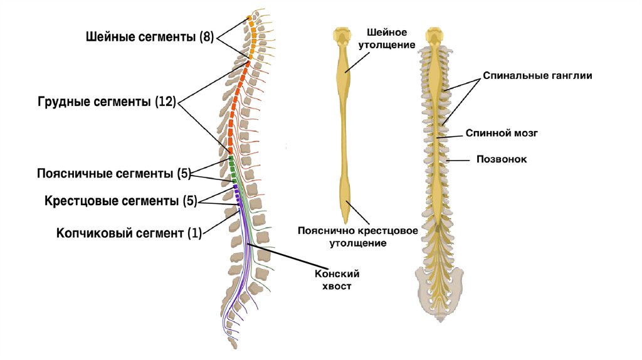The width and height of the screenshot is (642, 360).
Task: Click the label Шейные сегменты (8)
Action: point(150,37)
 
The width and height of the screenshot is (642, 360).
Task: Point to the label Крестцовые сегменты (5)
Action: point(120,201)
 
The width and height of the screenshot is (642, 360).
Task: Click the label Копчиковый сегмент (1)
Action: point(129,233)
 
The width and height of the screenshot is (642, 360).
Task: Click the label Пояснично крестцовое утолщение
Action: point(358,236)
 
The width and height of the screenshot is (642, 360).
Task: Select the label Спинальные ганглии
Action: point(537,75)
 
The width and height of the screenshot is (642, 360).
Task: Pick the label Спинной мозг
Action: point(502,133)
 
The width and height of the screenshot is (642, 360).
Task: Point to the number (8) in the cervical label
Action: point(207,37)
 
